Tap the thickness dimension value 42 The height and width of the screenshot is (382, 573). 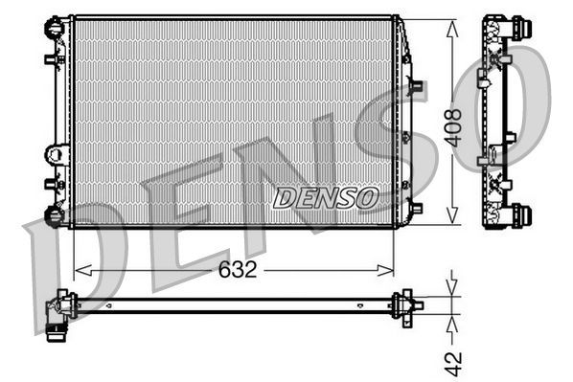point(455,362)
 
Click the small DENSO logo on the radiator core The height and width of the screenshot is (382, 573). point(326,198)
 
